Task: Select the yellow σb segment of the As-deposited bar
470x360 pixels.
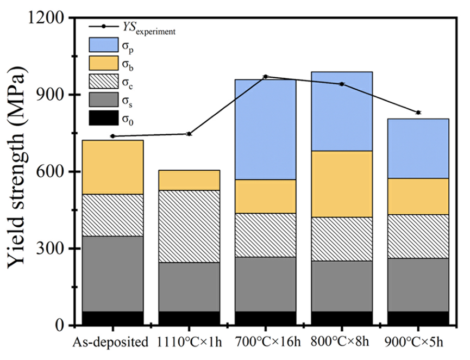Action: pyautogui.click(x=112, y=167)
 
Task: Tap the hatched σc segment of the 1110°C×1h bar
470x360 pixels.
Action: pyautogui.click(x=189, y=226)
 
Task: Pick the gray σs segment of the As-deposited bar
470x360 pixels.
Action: pyautogui.click(x=112, y=274)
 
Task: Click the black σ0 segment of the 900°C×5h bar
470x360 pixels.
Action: pyautogui.click(x=418, y=318)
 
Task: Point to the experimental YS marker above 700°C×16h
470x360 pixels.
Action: pyautogui.click(x=266, y=77)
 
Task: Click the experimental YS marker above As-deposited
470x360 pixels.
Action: pyautogui.click(x=112, y=136)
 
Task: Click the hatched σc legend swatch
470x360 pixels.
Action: pyautogui.click(x=103, y=82)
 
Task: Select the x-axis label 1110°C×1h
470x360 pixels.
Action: pyautogui.click(x=189, y=342)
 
